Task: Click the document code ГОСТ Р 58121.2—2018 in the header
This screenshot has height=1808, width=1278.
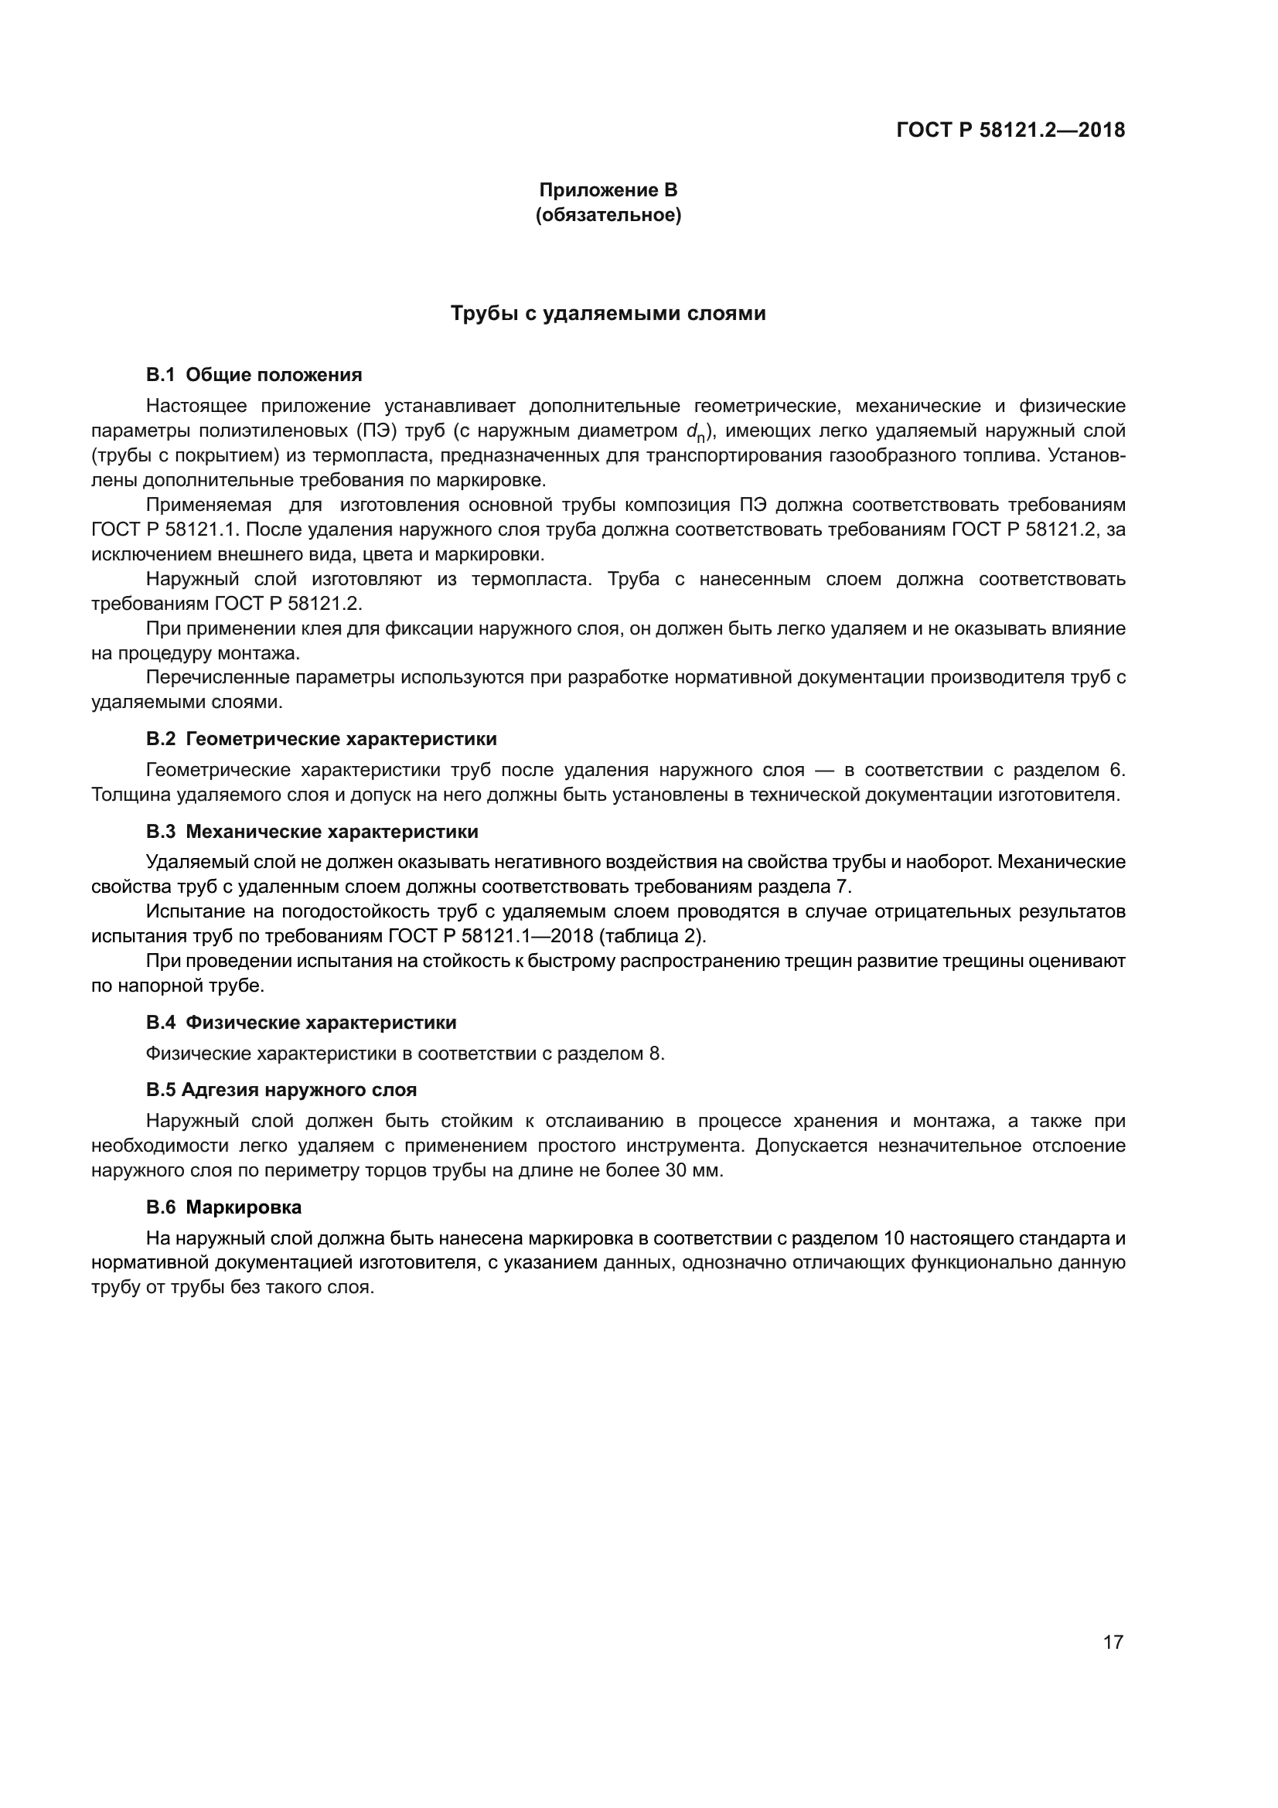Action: click(x=1010, y=130)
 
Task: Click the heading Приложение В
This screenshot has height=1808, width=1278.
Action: click(x=608, y=190)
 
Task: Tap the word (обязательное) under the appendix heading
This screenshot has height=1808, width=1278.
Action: click(x=608, y=214)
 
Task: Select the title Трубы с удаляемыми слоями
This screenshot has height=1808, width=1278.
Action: click(x=608, y=313)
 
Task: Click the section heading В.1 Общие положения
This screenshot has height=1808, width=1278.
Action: click(x=254, y=375)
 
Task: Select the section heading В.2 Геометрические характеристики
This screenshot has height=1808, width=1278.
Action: click(x=322, y=739)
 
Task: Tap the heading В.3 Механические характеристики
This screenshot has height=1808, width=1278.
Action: click(x=312, y=832)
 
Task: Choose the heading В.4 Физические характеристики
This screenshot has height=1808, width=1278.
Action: click(x=301, y=1023)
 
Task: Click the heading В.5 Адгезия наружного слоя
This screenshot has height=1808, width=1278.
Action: click(x=281, y=1090)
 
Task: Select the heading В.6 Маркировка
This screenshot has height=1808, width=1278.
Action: click(x=223, y=1207)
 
